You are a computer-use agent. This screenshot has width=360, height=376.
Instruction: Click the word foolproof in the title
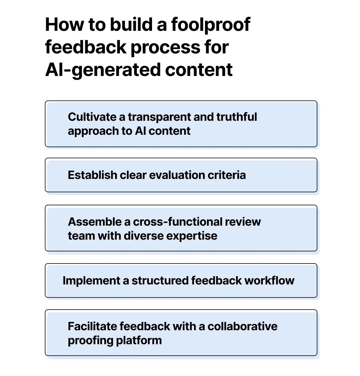(211, 25)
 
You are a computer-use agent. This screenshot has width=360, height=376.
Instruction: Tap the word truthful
(236, 117)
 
